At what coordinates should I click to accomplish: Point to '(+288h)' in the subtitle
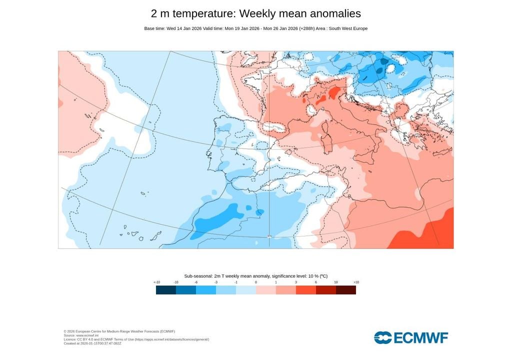click(307, 28)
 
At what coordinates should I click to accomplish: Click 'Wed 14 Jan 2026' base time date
click(184, 28)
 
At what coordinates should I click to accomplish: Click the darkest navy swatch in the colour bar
click(166, 290)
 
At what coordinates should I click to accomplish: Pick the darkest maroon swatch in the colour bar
click(346, 290)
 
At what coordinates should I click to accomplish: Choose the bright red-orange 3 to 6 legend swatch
click(306, 290)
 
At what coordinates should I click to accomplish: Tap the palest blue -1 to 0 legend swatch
click(246, 290)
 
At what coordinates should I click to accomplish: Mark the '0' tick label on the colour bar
click(256, 282)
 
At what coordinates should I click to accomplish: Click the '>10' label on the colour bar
click(356, 282)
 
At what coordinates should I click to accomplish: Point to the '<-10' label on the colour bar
click(156, 282)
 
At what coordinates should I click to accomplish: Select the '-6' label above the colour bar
click(196, 282)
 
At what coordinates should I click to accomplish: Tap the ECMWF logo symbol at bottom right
click(383, 337)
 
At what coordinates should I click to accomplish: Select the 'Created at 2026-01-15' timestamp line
click(92, 343)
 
